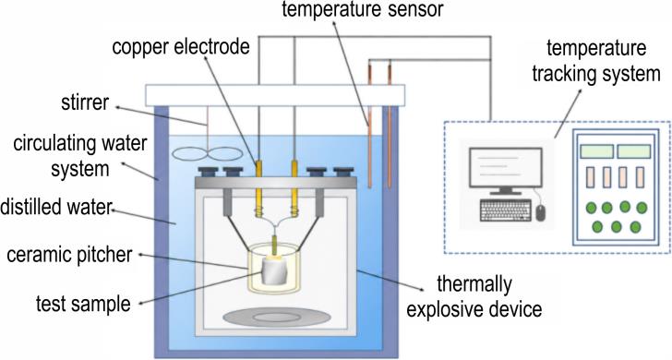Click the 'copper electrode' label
[180, 46]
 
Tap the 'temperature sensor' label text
[363, 10]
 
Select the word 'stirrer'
[85, 102]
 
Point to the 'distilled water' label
[55, 208]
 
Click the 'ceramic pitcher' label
[69, 255]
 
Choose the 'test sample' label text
[83, 304]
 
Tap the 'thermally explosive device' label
[474, 296]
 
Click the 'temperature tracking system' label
[596, 61]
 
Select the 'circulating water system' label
[80, 156]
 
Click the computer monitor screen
[506, 168]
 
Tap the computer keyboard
[506, 210]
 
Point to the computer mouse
[540, 212]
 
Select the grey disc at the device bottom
[277, 318]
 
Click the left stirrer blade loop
[188, 154]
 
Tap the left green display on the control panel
[597, 151]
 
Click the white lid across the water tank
[275, 96]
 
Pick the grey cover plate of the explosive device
[276, 183]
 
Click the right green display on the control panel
[634, 151]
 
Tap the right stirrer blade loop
[225, 154]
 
